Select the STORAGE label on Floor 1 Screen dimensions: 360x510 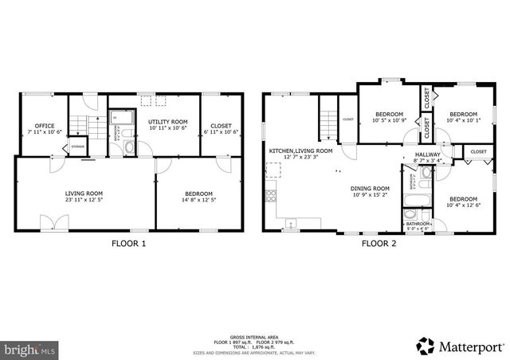78,147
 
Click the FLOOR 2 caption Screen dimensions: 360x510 379,244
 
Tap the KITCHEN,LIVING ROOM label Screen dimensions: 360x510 300,151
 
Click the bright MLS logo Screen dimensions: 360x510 30,348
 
